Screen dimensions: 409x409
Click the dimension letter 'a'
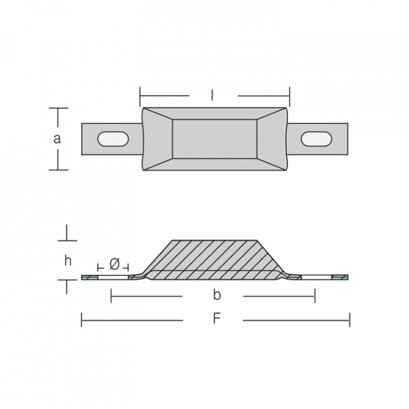click(57, 139)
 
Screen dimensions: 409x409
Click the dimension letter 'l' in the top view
click(212, 95)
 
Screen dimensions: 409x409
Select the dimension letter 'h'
click(68, 261)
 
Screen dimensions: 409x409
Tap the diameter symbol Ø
click(114, 265)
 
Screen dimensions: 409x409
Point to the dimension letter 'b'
click(217, 295)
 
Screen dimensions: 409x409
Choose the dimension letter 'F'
click(216, 318)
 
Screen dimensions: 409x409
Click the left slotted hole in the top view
click(113, 139)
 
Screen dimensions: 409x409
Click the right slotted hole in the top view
click(316, 139)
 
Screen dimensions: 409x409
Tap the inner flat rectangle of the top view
click(215, 139)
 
